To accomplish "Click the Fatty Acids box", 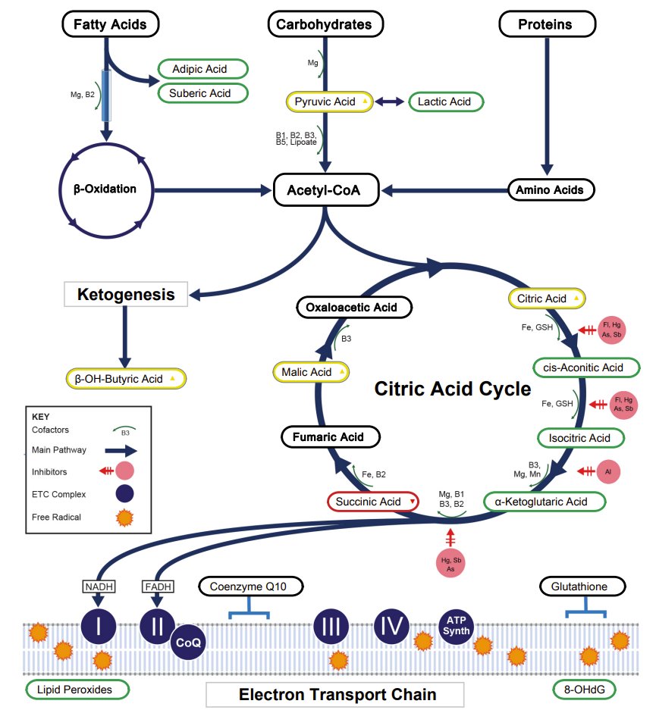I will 109,24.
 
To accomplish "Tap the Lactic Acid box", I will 446,102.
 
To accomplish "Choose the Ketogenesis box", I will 126,295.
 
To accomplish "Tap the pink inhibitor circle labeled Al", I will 608,471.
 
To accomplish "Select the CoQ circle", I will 189,642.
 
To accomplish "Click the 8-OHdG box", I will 583,690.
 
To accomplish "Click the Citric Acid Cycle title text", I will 453,389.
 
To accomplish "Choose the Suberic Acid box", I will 203,92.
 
